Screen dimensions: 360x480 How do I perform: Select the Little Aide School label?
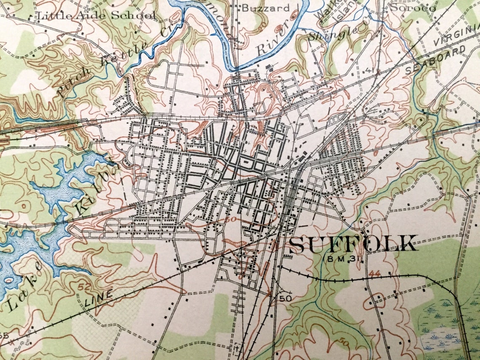[97, 16]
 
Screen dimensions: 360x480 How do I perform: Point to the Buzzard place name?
[266, 8]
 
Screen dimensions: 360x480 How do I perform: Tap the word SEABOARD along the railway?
[436, 60]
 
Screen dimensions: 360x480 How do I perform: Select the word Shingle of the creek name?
[333, 33]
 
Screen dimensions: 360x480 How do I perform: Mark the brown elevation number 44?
[375, 274]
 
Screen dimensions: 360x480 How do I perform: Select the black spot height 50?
[285, 298]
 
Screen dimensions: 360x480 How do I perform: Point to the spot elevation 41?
[370, 70]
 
